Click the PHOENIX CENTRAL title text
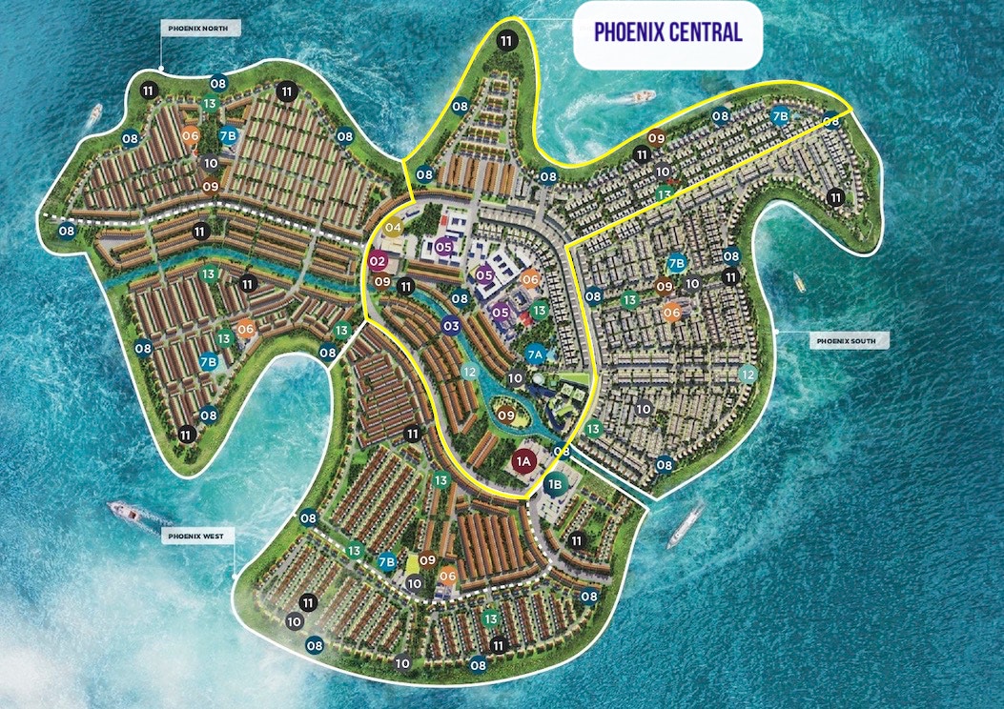(667, 31)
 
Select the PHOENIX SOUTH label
(850, 339)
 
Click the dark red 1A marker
(522, 462)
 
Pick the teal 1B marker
(556, 484)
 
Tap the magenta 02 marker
(378, 261)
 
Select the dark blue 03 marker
(451, 327)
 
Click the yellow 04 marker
(393, 227)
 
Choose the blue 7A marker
(536, 354)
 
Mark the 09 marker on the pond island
(505, 415)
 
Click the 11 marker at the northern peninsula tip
(506, 40)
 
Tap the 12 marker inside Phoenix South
(748, 375)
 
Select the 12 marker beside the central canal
(468, 373)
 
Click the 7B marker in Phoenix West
(386, 561)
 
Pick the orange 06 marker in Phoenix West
(448, 575)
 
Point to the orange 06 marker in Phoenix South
(672, 312)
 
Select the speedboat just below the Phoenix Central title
(641, 96)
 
